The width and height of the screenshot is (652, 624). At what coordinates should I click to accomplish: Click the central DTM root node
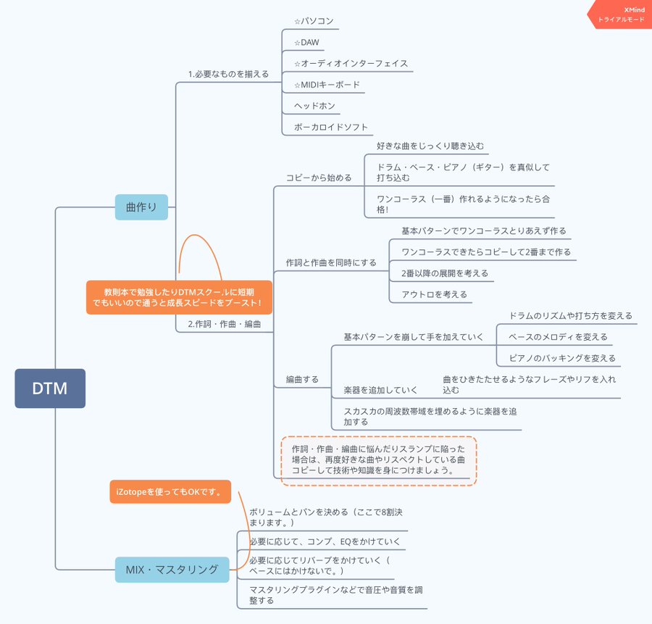(x=50, y=388)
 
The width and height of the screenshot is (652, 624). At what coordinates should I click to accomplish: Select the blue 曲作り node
(x=141, y=207)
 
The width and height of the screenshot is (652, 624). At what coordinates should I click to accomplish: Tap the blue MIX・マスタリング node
(x=172, y=570)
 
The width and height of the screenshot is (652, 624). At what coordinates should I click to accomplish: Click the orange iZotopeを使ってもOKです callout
(x=170, y=492)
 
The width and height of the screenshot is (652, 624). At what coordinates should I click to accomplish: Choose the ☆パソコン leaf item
(x=314, y=22)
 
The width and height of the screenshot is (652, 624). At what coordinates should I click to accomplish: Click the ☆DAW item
(x=306, y=43)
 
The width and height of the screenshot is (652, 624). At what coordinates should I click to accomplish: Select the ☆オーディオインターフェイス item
(x=351, y=64)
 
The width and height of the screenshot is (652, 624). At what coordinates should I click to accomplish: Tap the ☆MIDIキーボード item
(x=326, y=85)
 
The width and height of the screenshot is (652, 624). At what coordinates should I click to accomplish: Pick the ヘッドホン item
(x=314, y=106)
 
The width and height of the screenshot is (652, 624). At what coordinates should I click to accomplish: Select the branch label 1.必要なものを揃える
(x=228, y=73)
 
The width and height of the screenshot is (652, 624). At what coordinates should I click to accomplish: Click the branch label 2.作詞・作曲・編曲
(x=225, y=324)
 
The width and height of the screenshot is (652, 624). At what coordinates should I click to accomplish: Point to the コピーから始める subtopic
(x=319, y=178)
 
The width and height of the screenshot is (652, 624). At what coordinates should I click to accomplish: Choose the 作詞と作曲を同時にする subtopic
(x=330, y=262)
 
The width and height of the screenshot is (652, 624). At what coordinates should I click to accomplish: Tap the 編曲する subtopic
(x=302, y=379)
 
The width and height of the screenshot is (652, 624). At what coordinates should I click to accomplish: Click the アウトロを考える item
(x=435, y=294)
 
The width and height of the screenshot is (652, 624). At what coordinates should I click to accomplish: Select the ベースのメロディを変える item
(x=558, y=337)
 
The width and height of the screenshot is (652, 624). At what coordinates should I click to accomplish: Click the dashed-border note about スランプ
(x=378, y=459)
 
